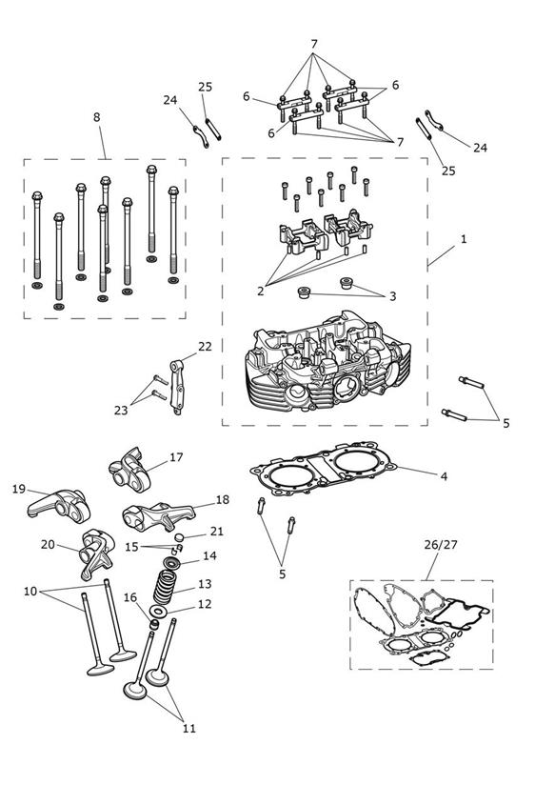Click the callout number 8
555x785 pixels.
tap(96, 117)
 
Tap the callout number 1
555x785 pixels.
tap(464, 239)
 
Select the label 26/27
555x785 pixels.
tap(441, 544)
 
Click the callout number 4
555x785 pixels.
tap(444, 476)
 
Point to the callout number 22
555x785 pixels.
tap(205, 347)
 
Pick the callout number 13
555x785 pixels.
tap(205, 584)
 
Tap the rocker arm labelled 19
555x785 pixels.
tap(56, 504)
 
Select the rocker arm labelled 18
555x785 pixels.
tap(158, 515)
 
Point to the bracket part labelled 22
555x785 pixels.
tap(177, 387)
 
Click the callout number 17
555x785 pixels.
tap(176, 457)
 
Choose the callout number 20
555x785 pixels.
tap(48, 544)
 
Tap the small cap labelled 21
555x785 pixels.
tap(178, 537)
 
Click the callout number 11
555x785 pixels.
tap(188, 729)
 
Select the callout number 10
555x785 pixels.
tap(30, 592)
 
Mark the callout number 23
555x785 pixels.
tap(121, 410)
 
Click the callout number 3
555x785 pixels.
tap(392, 296)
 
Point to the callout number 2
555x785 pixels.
tap(260, 291)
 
